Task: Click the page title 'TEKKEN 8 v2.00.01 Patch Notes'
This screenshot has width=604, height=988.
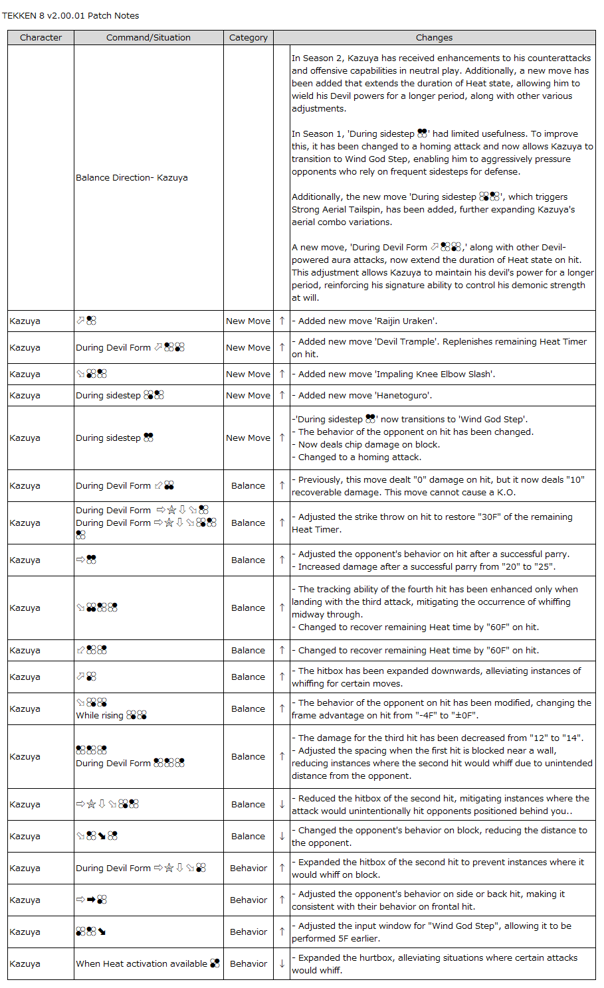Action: coord(70,15)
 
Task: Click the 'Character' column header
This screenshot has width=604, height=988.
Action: coord(41,38)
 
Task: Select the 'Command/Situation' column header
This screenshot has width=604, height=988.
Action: coord(148,38)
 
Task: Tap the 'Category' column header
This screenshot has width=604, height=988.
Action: coord(248,38)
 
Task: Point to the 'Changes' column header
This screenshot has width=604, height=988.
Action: coord(434,38)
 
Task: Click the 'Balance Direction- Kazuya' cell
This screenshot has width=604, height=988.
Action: coord(132,178)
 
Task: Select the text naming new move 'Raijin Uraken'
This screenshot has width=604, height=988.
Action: coord(367,321)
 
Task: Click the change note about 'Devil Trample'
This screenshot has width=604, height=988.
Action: coord(439,348)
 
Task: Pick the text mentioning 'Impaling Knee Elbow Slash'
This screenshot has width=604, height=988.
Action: coord(396,374)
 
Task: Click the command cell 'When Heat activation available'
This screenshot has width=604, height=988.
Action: coord(142,964)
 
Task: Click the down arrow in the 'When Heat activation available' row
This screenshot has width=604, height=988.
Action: coord(282,964)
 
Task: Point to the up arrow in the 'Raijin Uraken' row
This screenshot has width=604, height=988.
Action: coord(282,321)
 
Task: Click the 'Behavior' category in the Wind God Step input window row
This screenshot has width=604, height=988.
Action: coord(248,932)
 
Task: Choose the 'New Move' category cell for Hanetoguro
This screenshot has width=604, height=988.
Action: coord(248,396)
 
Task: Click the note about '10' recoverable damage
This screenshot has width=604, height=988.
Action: coord(439,486)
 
